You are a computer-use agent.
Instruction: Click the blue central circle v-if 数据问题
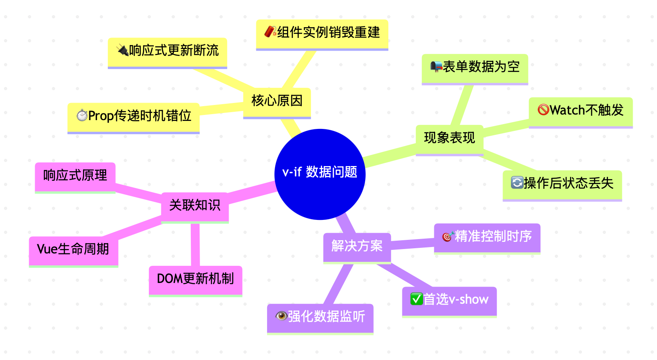coord(320,174)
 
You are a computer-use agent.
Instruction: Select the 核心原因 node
coord(277,101)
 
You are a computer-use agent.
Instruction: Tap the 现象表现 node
coord(449,138)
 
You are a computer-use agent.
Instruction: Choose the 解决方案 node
coord(356,246)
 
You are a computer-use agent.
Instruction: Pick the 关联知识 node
coord(194,206)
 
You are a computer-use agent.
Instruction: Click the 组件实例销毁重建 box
coord(322,33)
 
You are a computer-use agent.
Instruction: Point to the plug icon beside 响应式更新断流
coord(122,50)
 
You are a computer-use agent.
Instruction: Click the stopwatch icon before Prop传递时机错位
coord(82,116)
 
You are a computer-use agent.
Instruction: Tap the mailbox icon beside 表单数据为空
coord(436,67)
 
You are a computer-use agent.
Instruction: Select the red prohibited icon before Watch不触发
coord(543,110)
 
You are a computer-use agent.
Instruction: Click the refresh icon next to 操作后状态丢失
coord(517,183)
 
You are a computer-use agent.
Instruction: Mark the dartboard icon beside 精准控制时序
coord(448,237)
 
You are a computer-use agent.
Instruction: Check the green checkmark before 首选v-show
coord(416,299)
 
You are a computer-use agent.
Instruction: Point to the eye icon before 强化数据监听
coord(281,316)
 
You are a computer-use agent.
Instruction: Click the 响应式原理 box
coord(75,176)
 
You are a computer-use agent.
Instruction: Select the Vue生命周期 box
coord(73,250)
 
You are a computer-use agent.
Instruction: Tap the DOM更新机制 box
coord(195,279)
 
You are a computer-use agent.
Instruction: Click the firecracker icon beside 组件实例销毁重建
coord(270,32)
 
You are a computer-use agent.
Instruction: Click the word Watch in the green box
coord(567,110)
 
